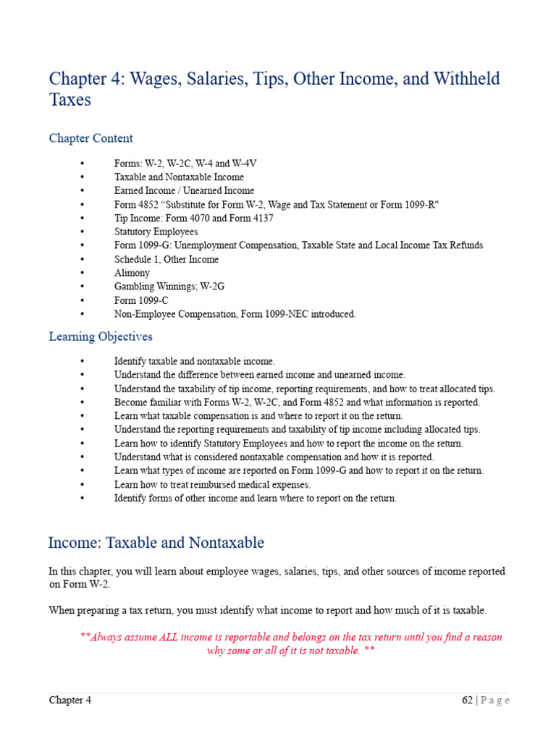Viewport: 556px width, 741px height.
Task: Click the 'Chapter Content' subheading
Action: (x=90, y=138)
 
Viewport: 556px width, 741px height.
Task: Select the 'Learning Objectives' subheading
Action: (x=101, y=336)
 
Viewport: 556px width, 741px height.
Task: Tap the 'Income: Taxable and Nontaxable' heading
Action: (x=156, y=543)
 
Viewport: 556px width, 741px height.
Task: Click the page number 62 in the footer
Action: (x=467, y=700)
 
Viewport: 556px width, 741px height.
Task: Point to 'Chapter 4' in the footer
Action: (x=70, y=700)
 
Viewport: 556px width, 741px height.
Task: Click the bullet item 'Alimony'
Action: (x=132, y=273)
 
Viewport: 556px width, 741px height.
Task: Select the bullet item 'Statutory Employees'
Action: (x=156, y=232)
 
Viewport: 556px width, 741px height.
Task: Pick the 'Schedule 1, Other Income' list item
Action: (x=166, y=259)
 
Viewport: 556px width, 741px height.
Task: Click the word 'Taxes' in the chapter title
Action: (x=69, y=100)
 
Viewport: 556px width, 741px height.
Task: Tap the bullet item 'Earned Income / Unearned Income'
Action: (x=184, y=190)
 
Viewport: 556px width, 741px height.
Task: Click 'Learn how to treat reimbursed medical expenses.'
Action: (x=212, y=484)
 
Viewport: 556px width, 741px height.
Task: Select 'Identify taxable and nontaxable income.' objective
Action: (x=195, y=360)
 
